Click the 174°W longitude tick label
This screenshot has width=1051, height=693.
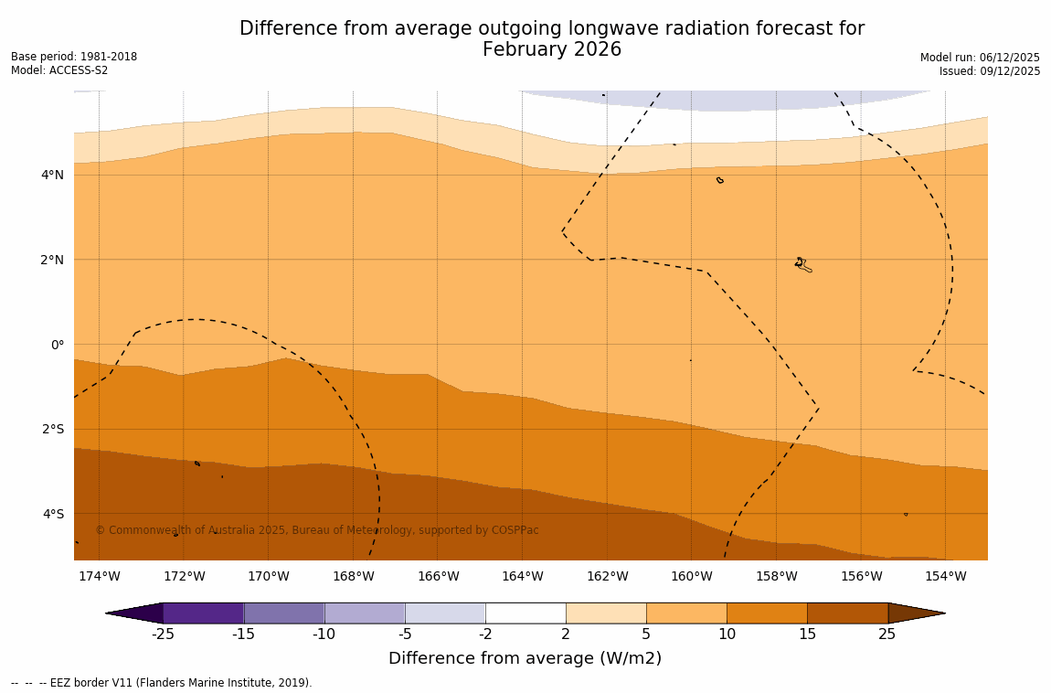pos(99,576)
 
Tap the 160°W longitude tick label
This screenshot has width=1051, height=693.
pos(691,576)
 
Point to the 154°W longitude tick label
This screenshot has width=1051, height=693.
pos(945,576)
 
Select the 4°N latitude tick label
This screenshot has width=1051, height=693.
pos(52,175)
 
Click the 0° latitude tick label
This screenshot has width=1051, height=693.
pos(58,345)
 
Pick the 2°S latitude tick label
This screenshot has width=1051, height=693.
pos(52,429)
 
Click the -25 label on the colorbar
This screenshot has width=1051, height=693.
pos(163,634)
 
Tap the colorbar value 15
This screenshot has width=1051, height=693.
pos(807,634)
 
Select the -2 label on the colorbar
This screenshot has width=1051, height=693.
pos(485,634)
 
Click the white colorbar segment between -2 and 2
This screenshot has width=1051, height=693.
pos(525,613)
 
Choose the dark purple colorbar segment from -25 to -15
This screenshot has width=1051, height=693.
pos(203,613)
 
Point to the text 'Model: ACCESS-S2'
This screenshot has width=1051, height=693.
pos(59,70)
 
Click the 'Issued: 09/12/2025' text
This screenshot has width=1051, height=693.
pos(990,71)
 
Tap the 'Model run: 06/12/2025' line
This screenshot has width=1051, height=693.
pos(980,57)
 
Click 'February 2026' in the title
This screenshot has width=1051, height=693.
pos(552,50)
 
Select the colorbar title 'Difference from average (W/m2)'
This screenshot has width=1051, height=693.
pos(525,658)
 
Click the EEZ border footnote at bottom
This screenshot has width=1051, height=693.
pos(162,683)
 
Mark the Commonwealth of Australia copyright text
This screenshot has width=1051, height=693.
pos(317,530)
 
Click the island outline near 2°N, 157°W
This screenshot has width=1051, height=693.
pos(802,264)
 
